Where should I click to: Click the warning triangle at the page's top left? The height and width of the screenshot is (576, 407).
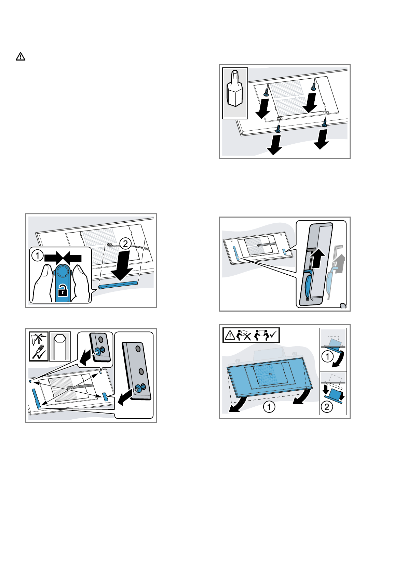(x=21, y=56)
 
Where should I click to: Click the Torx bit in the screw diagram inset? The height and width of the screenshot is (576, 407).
(x=235, y=89)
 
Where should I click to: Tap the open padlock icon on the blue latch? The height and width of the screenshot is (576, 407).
(x=63, y=291)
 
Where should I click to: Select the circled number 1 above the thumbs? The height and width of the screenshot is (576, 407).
(x=37, y=256)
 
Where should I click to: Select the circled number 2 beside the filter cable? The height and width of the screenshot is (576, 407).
(x=125, y=244)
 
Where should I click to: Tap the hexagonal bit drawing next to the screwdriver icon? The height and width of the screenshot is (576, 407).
(x=60, y=346)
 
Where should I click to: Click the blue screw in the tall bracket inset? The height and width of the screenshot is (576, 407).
(x=139, y=388)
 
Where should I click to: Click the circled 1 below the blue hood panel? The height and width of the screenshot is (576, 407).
(x=269, y=407)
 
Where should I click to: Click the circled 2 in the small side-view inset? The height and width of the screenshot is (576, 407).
(x=327, y=407)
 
